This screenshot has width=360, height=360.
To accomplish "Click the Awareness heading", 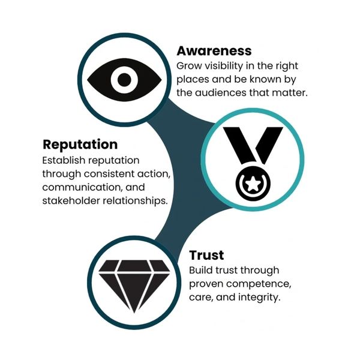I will point(214,50).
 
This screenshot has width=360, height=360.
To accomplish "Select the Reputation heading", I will point(80,145).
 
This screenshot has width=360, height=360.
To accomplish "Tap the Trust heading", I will point(206,255).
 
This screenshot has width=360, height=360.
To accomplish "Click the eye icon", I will point(124,78).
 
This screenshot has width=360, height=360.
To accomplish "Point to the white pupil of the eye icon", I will point(124,78).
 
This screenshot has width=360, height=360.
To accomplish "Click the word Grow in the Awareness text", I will point(188,65).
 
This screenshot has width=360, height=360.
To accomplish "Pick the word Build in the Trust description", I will point(201,270).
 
